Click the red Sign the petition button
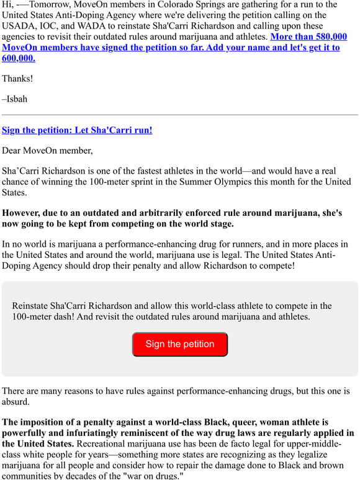pos(180,344)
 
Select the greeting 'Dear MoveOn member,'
pos(47,149)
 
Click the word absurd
pos(17,402)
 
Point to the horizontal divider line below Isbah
pos(180,115)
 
